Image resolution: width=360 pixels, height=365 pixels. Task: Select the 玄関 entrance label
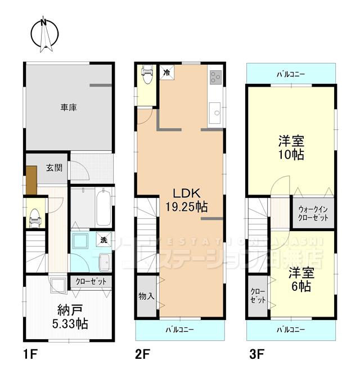pos(55,167)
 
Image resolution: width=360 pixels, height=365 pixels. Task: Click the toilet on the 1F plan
pos(34,214)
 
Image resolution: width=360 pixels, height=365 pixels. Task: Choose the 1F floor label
pos(30,354)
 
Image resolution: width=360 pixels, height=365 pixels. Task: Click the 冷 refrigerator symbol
pos(166,71)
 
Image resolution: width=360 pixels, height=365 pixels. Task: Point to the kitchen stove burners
pos(215,76)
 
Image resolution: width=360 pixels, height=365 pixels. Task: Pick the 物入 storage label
pos(146,295)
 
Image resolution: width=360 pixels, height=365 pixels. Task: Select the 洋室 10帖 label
pos(291,148)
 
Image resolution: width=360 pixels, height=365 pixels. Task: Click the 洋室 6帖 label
pos(300,280)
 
